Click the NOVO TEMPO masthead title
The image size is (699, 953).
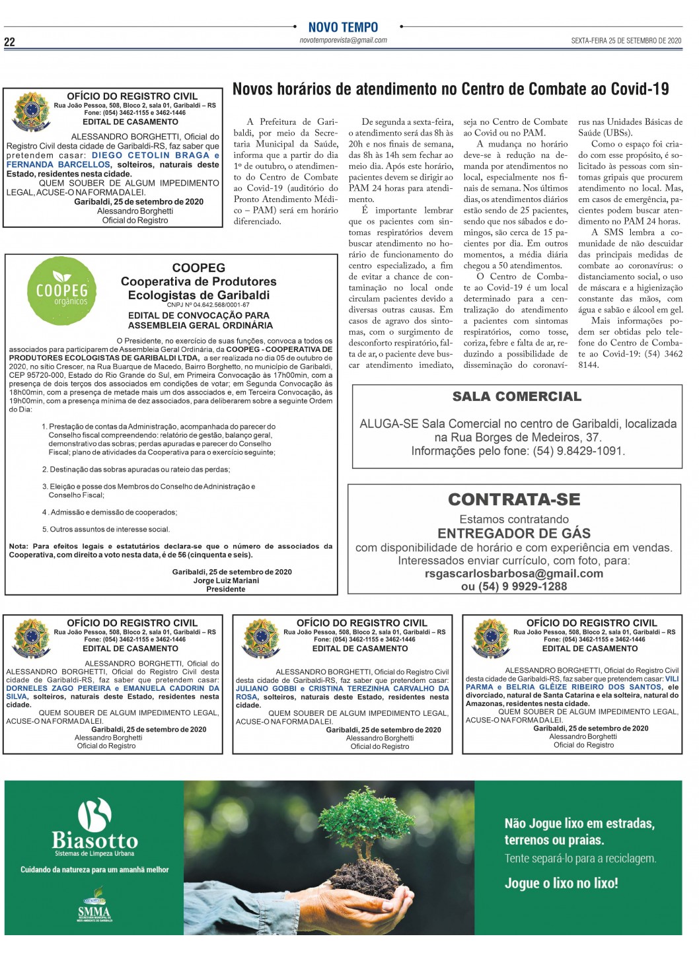343,27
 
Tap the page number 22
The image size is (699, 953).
9,42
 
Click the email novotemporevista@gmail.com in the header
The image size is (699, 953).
343,40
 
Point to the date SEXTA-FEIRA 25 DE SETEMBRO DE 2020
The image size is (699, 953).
626,41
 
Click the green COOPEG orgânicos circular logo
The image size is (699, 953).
61,291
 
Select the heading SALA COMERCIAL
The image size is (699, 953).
517,396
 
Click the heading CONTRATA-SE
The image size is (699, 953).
514,499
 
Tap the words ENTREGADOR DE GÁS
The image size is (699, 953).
514,533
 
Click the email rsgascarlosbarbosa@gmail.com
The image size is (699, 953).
514,573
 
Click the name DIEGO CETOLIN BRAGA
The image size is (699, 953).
151,155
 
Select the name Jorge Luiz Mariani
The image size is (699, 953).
226,581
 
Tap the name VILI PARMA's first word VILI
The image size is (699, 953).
672,678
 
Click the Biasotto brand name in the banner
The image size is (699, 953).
95,840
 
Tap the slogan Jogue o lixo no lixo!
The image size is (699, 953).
561,883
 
